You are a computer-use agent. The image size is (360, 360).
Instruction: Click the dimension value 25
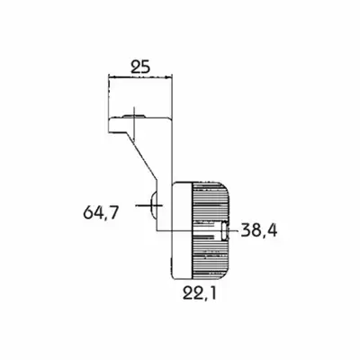[140, 67]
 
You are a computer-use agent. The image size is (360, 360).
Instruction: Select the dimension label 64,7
[101, 212]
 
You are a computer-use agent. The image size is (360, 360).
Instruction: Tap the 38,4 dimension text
[259, 231]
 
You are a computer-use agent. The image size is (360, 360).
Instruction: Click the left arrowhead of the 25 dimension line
[112, 77]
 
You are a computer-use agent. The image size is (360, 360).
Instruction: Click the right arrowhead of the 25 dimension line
[169, 77]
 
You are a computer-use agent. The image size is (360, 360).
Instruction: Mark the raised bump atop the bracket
[134, 116]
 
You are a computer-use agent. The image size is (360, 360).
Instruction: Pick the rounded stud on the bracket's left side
[153, 205]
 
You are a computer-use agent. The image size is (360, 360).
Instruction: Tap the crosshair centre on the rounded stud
[153, 205]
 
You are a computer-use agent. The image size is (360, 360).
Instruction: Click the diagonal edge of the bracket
[141, 156]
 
